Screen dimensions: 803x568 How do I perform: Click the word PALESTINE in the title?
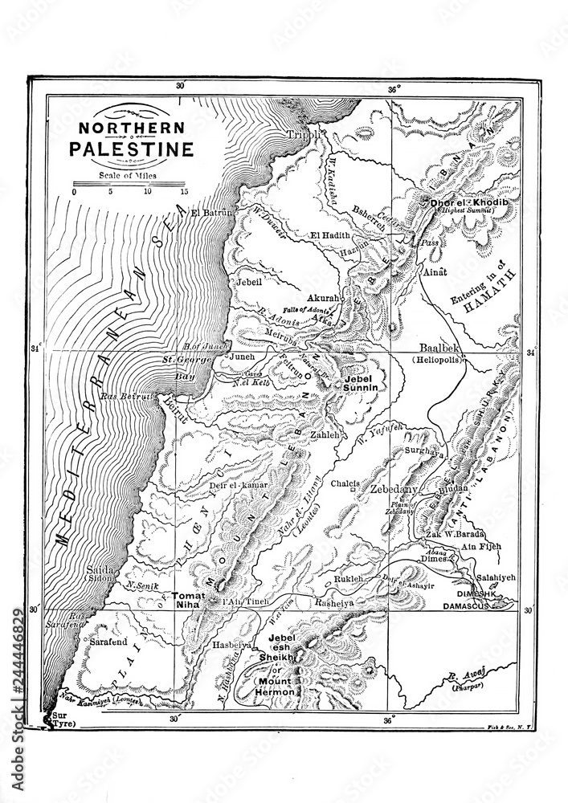tap(130, 149)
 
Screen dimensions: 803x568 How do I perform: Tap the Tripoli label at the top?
tap(306, 135)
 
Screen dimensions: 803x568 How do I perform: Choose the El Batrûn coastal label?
tap(212, 213)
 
